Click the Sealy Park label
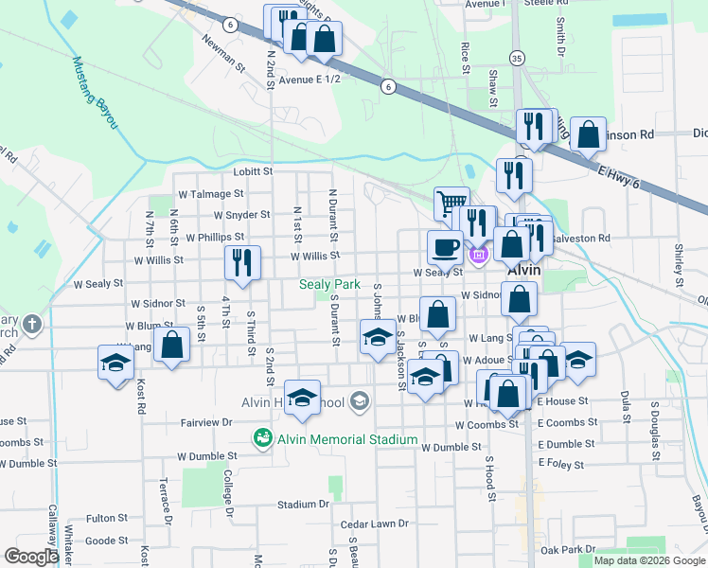(330, 284)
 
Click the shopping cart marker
(451, 204)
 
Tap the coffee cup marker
(445, 248)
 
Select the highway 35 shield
(515, 58)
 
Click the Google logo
(31, 557)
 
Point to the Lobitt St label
(253, 171)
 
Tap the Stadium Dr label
(304, 505)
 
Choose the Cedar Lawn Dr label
(374, 524)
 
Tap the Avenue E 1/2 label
(309, 79)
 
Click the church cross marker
(32, 325)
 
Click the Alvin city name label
(523, 269)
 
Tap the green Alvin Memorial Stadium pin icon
(262, 438)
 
